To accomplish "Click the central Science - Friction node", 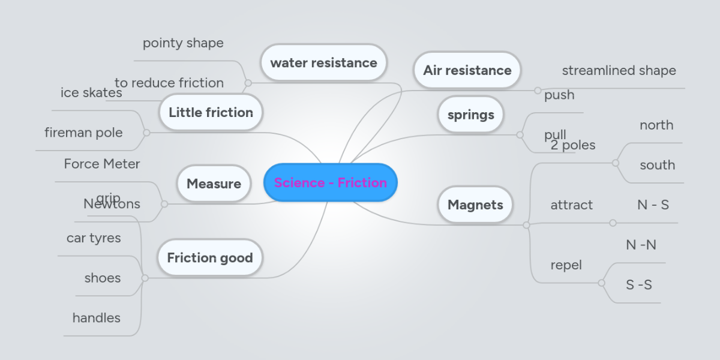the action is (330, 182).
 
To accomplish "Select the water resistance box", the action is (323, 62).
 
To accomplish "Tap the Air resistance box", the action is (467, 70).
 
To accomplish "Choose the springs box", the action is (470, 115).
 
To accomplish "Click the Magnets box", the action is (475, 205).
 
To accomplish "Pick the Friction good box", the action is (209, 258).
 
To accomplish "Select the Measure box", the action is (214, 184).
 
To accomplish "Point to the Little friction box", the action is (211, 112).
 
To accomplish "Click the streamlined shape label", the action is (619, 71).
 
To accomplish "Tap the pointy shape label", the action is (183, 43).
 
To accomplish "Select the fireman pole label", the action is (83, 133).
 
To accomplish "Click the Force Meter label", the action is (102, 164).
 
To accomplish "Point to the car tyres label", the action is (94, 238).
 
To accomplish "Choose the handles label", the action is (97, 318).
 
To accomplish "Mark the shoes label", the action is (103, 278).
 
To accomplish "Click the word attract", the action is (571, 205).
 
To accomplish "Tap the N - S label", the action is (653, 205).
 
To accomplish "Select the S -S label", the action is (638, 285).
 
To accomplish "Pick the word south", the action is (657, 165).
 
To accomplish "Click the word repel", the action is (566, 265).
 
